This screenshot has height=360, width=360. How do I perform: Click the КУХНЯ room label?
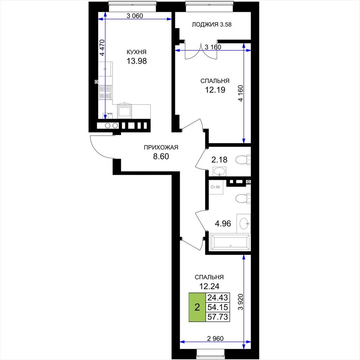coord(136,52)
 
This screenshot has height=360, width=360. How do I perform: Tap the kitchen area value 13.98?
coord(137,61)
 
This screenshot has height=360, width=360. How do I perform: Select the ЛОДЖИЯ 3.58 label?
coord(211,25)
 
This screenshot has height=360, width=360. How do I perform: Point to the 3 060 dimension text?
coord(135,16)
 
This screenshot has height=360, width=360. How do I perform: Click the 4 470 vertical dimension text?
coord(102,47)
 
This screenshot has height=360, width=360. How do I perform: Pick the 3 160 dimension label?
coord(213,47)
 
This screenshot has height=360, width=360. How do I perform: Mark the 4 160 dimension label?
coord(240,93)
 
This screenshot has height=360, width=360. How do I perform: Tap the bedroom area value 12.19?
coord(215,90)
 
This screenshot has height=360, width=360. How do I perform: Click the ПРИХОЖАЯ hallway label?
coord(161,147)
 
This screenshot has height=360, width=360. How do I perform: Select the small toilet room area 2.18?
coord(219,160)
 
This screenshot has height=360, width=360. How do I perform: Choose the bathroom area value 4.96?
coord(223,223)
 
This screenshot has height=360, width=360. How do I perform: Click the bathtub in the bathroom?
coord(230,242)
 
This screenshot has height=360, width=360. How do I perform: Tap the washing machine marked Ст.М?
coord(216,187)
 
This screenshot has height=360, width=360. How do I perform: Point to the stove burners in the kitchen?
coord(105,92)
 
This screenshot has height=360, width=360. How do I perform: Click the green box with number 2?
coord(197,307)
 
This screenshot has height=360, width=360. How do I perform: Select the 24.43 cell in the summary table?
coord(218,297)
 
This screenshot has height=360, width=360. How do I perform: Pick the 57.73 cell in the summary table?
coord(218,317)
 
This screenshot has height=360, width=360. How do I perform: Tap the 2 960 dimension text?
coord(215,339)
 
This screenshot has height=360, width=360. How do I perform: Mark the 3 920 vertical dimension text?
coord(240,302)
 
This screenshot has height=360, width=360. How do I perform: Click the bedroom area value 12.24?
coord(209,286)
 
